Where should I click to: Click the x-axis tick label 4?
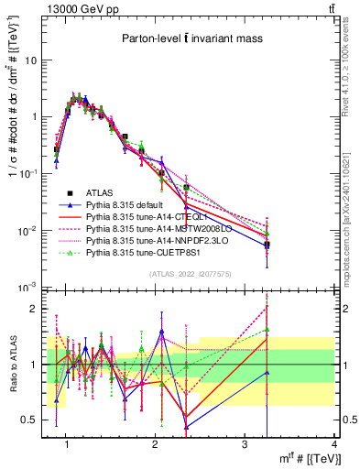pos(333,444)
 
